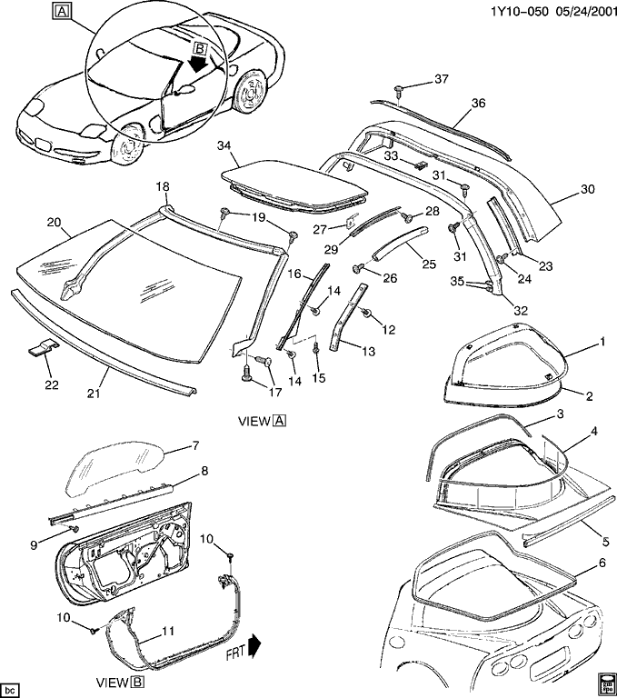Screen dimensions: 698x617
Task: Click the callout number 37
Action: pyautogui.click(x=442, y=79)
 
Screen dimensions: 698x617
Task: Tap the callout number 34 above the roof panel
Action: pyautogui.click(x=224, y=145)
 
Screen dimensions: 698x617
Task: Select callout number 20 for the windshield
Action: pyautogui.click(x=53, y=222)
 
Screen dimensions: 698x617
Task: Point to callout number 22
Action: pyautogui.click(x=52, y=385)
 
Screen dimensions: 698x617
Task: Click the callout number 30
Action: pyautogui.click(x=587, y=190)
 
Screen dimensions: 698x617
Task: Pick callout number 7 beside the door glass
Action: pyautogui.click(x=194, y=445)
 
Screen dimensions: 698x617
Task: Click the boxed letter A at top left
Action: pyautogui.click(x=61, y=12)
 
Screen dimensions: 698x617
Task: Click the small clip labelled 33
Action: pyautogui.click(x=421, y=165)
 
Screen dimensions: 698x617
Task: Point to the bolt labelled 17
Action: pyautogui.click(x=246, y=371)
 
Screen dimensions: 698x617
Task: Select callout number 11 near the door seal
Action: pyautogui.click(x=168, y=631)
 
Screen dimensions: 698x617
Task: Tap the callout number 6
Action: pyautogui.click(x=601, y=563)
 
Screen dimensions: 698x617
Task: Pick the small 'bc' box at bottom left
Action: pyautogui.click(x=11, y=683)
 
